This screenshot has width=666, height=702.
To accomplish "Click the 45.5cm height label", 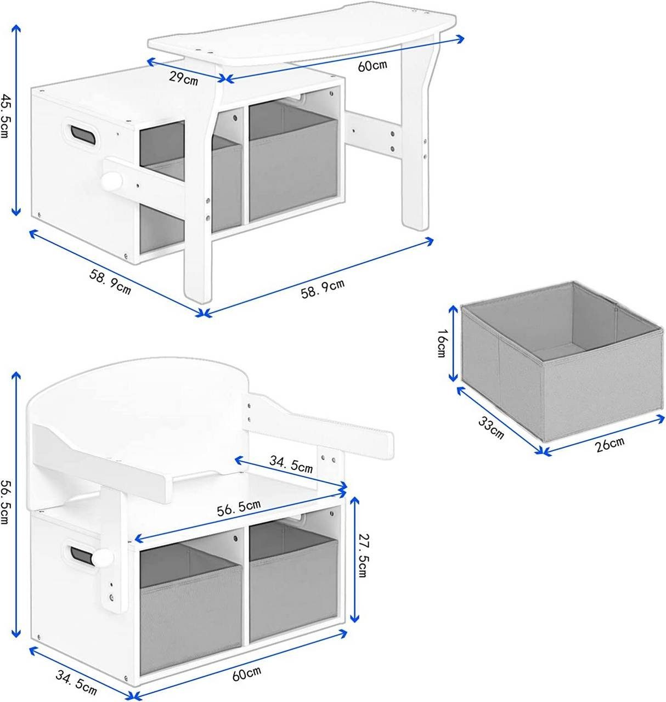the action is pyautogui.click(x=5, y=116).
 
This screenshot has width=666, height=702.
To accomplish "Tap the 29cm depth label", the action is pyautogui.click(x=183, y=78).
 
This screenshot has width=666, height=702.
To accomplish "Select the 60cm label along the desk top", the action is pyautogui.click(x=372, y=65).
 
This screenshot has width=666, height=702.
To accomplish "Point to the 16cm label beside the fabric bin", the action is pyautogui.click(x=442, y=343).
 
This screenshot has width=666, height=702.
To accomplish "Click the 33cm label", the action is pyautogui.click(x=491, y=428).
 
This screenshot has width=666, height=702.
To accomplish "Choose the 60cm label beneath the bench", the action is pyautogui.click(x=246, y=673).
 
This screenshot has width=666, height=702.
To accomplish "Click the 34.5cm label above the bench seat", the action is pyautogui.click(x=291, y=464).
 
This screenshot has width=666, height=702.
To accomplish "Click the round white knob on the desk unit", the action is pyautogui.click(x=112, y=180).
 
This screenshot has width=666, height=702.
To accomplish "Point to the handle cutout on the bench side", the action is pyautogui.click(x=81, y=554).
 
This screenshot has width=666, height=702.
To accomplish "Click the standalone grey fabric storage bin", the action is pyautogui.click(x=562, y=361).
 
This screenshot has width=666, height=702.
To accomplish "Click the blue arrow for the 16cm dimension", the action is pyautogui.click(x=453, y=343).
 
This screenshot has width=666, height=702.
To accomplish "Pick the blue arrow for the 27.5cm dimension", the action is pyautogui.click(x=354, y=559).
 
